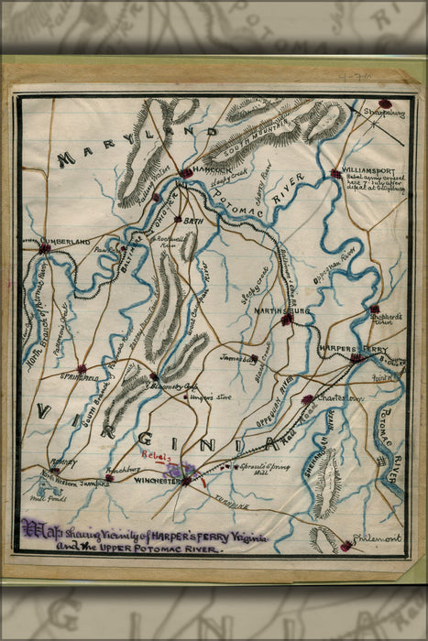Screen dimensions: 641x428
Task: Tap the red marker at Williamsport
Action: [335, 173]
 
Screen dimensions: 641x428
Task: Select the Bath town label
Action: [193, 221]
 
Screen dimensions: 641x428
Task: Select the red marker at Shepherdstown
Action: [374, 309]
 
